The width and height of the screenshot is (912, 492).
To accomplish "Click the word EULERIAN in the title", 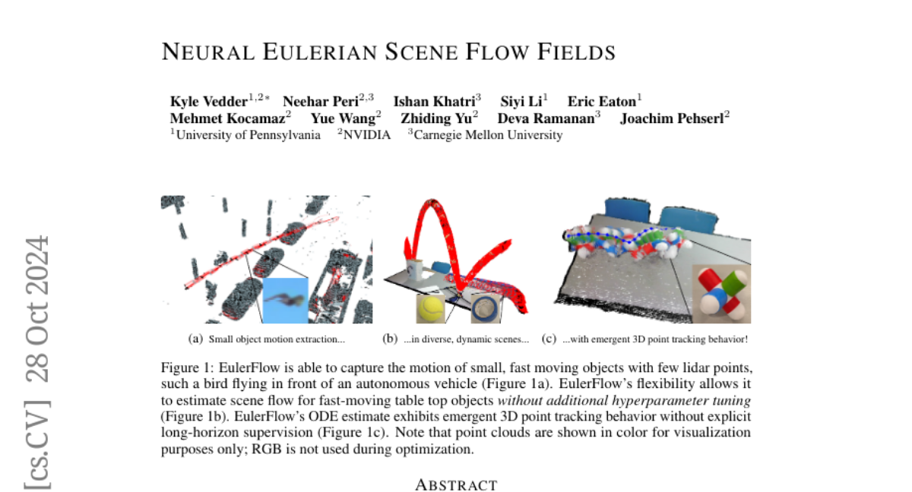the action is click(x=320, y=52).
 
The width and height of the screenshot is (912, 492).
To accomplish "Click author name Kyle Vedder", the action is click(x=209, y=101).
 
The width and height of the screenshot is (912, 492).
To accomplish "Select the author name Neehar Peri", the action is click(x=321, y=101).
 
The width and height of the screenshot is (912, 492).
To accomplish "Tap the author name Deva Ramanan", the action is click(x=546, y=118).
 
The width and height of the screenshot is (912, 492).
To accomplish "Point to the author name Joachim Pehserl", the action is click(x=672, y=118).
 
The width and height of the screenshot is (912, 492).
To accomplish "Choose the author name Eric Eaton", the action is click(x=602, y=101).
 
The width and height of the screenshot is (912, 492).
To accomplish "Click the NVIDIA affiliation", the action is click(x=367, y=135).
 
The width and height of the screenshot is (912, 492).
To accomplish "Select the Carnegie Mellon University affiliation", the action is click(x=488, y=135).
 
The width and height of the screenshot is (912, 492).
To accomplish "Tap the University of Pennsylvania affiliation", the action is click(x=248, y=135).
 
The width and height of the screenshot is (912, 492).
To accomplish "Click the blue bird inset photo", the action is click(x=286, y=301).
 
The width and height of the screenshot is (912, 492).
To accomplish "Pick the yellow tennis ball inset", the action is click(x=430, y=308).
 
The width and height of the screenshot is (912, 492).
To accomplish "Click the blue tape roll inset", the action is click(x=486, y=308).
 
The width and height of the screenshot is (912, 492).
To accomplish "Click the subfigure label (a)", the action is click(x=195, y=339).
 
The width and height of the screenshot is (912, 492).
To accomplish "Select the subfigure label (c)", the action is click(x=549, y=339).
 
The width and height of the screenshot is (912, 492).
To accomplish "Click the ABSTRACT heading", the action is click(x=456, y=485).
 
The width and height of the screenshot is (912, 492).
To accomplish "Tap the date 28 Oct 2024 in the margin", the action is click(x=37, y=309).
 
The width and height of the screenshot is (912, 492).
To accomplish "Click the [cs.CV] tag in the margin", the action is click(x=37, y=445).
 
